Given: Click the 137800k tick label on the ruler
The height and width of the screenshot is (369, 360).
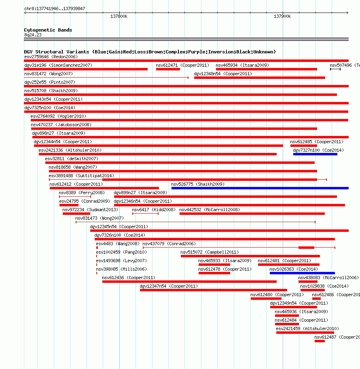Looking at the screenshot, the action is pos(119,16).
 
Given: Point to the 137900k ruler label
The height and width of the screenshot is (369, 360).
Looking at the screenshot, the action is pos(282,16).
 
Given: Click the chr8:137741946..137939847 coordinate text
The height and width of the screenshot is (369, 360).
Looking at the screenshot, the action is pos(55,9).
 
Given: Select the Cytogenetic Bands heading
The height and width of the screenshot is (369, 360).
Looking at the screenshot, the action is pos(48,30).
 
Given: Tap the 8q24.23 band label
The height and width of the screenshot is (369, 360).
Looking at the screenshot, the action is pos(33,35).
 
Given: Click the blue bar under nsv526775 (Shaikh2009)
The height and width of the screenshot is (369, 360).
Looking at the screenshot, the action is pos(260,188).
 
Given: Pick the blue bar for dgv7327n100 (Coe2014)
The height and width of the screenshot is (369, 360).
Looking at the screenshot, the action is pos(315,154).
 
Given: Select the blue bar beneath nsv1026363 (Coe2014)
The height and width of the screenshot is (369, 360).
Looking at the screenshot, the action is pos(302,273).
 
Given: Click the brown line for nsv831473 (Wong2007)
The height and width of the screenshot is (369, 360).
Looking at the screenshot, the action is pos(195,222).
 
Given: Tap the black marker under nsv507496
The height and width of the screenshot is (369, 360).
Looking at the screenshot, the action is pos(335,69).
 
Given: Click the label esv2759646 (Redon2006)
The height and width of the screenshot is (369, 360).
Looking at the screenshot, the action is pos(51,57).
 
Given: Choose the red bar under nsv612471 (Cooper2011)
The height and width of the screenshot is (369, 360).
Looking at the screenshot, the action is pos(168,69).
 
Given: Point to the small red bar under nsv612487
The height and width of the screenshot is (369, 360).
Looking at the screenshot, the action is pos(320,341).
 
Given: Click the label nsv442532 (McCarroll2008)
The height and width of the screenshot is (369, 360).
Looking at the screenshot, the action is pos(210,210).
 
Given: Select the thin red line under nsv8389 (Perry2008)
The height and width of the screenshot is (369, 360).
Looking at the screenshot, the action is pos(75,197).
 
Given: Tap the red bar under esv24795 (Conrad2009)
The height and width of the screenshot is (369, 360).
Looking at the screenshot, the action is pos(69,205).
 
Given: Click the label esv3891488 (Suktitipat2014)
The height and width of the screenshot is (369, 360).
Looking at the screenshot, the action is pos(81,176).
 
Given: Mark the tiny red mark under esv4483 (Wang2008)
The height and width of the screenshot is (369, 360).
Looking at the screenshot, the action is pos(97,248).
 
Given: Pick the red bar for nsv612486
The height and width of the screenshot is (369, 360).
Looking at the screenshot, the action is pos(316,299).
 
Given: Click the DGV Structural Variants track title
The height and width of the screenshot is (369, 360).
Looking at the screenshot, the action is pos(150,52).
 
